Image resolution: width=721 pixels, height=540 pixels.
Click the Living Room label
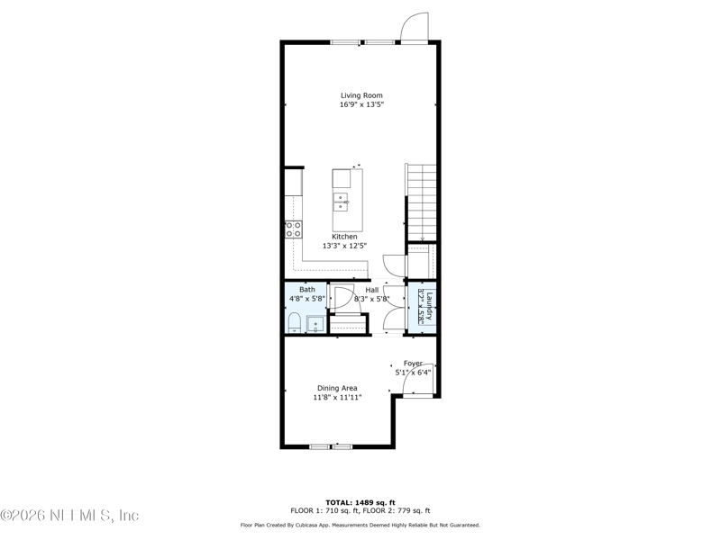[361, 95]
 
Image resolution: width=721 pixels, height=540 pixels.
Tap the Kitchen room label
[345, 237]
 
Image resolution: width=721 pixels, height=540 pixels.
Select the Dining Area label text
[337, 388]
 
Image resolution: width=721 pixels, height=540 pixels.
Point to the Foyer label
[413, 364]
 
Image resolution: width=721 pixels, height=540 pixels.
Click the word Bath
[307, 289]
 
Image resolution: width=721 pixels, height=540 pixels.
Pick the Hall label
[371, 289]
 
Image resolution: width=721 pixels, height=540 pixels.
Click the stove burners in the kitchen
[293, 229]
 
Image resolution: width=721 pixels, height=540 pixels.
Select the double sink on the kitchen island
[342, 200]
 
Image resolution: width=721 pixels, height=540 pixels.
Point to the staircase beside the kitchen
[421, 202]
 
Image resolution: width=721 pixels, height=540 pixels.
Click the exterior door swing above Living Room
[414, 28]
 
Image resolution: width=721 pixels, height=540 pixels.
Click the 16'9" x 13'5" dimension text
[361, 105]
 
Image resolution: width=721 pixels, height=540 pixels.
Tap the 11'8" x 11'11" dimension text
[337, 397]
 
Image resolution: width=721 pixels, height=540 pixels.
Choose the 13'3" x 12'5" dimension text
[345, 246]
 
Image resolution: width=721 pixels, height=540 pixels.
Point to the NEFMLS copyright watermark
[69, 516]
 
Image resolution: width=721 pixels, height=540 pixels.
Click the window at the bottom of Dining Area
[331, 446]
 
